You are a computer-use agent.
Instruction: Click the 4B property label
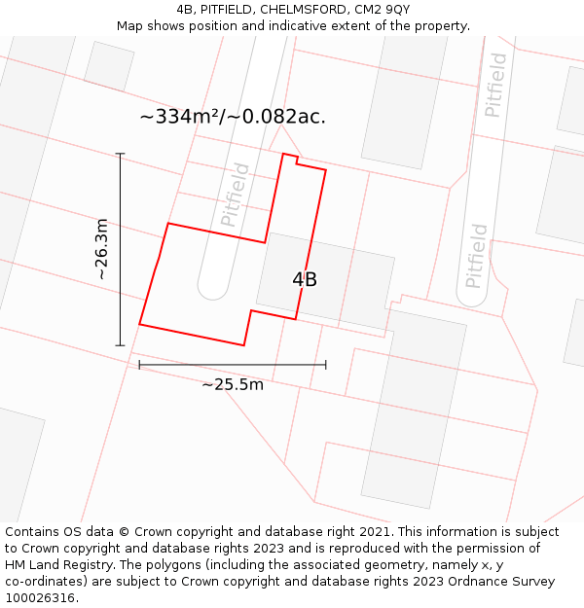(x=305, y=279)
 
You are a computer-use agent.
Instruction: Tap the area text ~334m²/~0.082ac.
(x=233, y=117)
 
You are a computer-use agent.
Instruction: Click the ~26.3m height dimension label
(x=101, y=249)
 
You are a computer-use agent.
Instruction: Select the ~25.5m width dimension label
(x=233, y=384)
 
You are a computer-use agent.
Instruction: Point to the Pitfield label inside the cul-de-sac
(x=236, y=195)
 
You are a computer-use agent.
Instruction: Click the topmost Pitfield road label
(x=495, y=85)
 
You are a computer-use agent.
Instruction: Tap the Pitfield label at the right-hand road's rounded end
(x=476, y=256)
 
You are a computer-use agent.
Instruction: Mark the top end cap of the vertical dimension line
(x=121, y=154)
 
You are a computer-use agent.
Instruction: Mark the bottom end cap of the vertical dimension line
(x=121, y=345)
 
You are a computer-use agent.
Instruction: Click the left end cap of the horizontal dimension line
(x=139, y=365)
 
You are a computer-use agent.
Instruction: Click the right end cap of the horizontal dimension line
(x=326, y=365)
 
